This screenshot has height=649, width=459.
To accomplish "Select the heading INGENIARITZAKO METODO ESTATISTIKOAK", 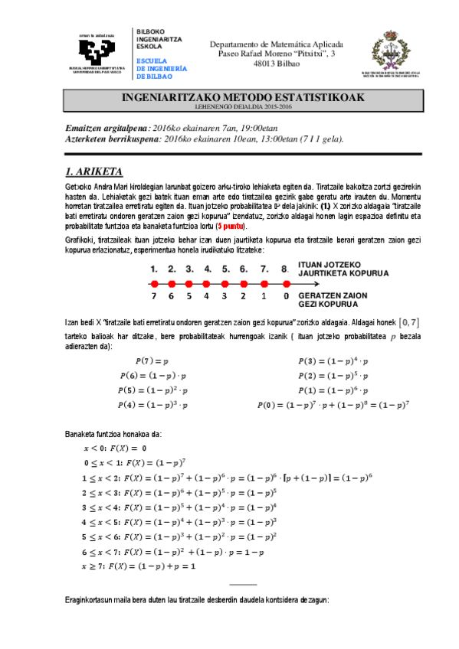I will click(244, 98).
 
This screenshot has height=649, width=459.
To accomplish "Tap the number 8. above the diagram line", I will click(285, 269).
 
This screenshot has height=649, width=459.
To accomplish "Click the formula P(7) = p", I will click(152, 360).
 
